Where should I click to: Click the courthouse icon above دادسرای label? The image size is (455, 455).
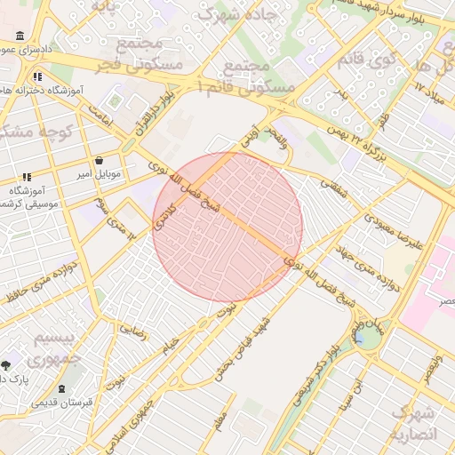pos(20,36)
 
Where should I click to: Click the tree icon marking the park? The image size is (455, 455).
pos(6,364)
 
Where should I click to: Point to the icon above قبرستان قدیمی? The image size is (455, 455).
pos(61,389)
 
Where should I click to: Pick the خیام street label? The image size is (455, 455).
pos(167,343)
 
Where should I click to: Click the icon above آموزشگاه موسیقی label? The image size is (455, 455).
pos(27,177)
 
